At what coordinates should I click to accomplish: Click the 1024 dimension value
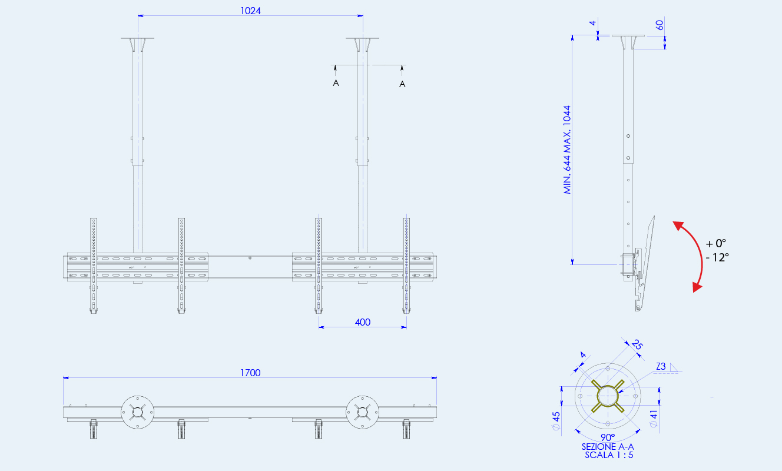coord(250,11)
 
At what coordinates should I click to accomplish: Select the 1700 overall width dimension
coord(250,373)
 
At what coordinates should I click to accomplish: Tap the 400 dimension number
coord(362,322)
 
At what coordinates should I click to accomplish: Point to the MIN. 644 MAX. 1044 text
coord(567,150)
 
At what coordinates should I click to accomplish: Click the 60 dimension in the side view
coord(659,25)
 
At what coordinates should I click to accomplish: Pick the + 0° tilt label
coord(715,243)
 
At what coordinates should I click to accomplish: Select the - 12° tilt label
coord(717,258)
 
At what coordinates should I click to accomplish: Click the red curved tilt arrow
coord(701,255)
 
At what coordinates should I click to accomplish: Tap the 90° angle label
coord(608,437)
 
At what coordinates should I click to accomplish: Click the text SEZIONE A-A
coord(608,447)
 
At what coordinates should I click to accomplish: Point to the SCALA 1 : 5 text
coord(609,455)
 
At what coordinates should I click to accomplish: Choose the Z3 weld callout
coord(661,366)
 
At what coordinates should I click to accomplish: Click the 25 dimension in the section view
coord(637,344)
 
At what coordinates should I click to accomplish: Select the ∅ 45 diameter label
coord(556,421)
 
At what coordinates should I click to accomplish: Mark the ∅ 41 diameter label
coord(654,419)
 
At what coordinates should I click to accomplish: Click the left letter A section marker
coord(336,83)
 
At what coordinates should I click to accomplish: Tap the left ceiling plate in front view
coord(138,38)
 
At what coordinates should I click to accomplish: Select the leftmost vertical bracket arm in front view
coord(94,266)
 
